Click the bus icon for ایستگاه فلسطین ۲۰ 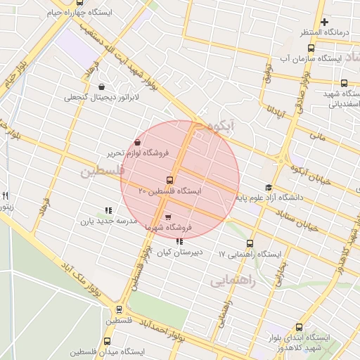(169, 180)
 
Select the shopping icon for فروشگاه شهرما (167, 217)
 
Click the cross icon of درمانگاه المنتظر (323, 22)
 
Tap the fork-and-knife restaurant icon (5, 196)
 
